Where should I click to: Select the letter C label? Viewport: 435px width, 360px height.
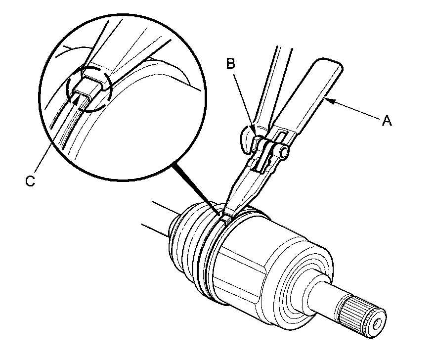point(30,181)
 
